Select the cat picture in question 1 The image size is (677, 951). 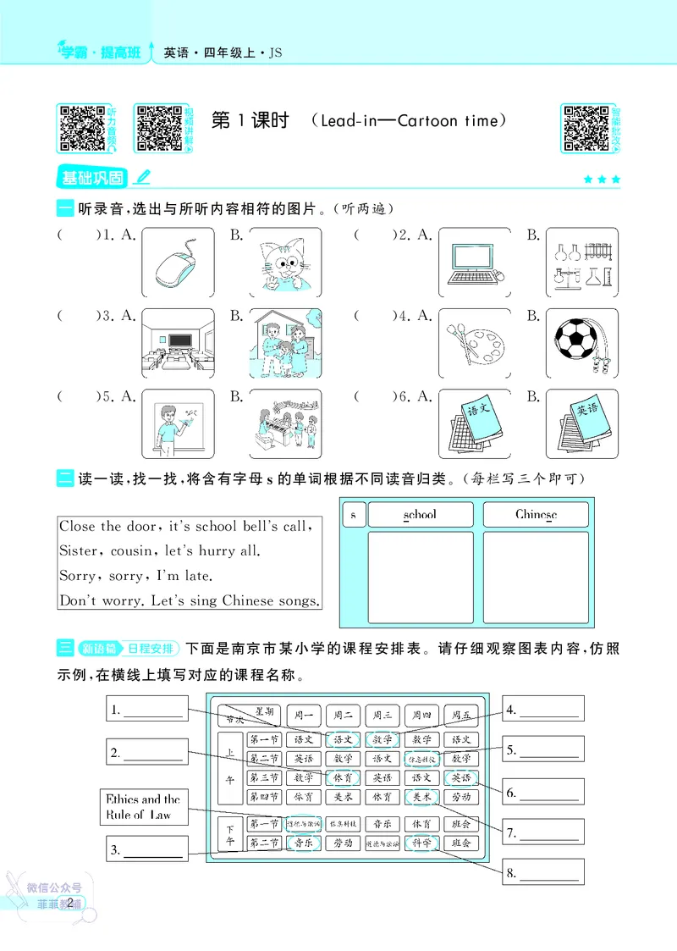coord(286,262)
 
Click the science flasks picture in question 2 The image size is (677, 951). coord(575,262)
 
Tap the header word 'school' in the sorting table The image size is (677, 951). coord(420,514)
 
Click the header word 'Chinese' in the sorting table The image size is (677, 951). coord(536,514)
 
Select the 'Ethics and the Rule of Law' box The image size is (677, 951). coord(143,807)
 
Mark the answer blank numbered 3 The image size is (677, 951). coord(152,849)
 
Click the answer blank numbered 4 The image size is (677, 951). coord(549,709)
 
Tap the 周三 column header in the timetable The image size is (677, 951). coord(383,716)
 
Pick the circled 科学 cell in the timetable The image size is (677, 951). coord(421,843)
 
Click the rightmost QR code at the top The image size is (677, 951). coord(586,129)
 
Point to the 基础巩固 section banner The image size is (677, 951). coord(91,178)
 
